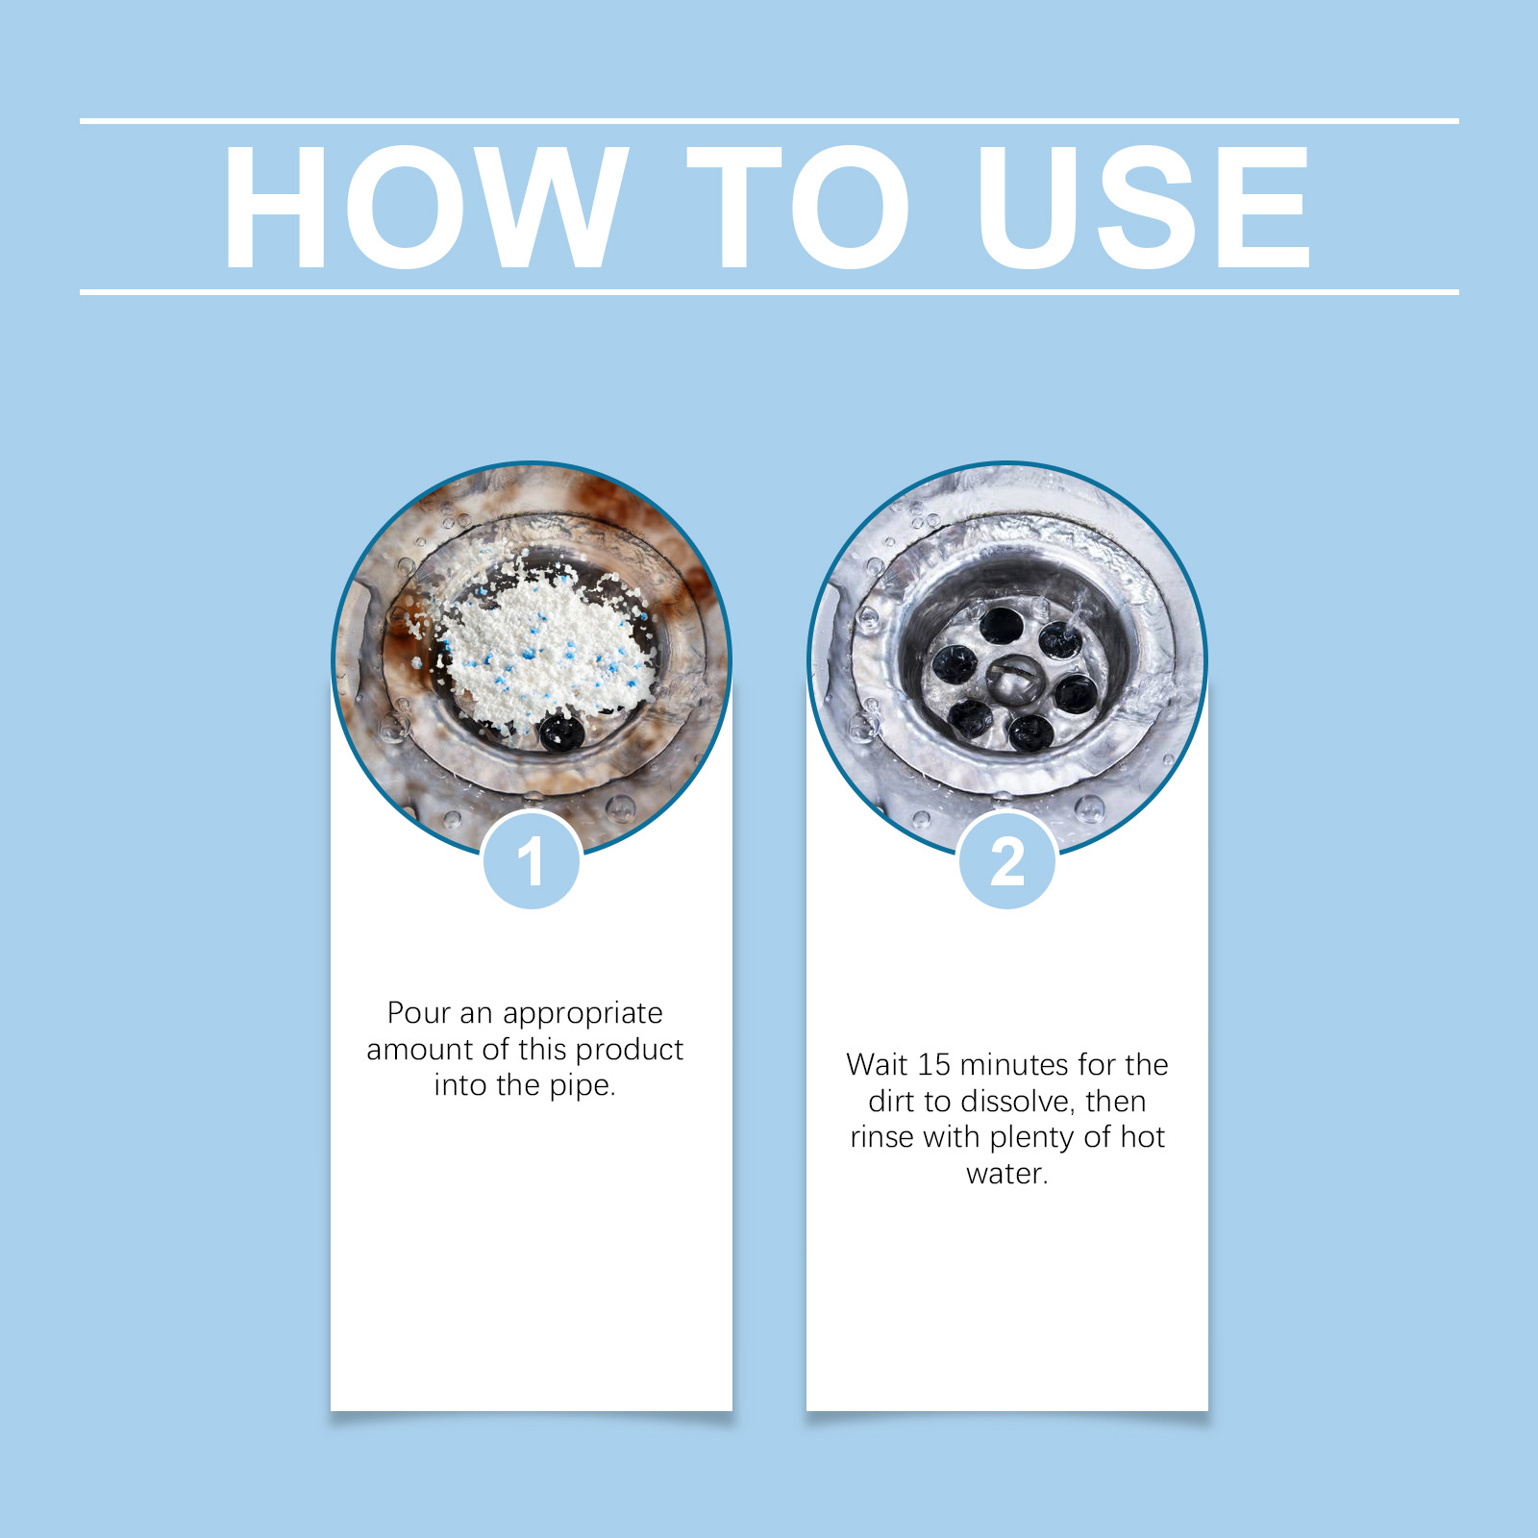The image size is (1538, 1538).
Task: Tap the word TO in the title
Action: coord(797,207)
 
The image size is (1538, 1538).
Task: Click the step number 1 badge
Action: coord(532,860)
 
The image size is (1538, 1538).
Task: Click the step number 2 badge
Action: coord(1007,860)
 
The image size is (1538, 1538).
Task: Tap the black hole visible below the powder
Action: coord(561,732)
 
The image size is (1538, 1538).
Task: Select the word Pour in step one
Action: coord(418,1012)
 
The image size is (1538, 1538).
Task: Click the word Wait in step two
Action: coord(877,1064)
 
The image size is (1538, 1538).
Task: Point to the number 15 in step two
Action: coord(933,1064)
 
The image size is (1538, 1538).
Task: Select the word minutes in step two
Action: coord(1014,1064)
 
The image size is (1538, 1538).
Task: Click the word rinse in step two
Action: coord(882,1137)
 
